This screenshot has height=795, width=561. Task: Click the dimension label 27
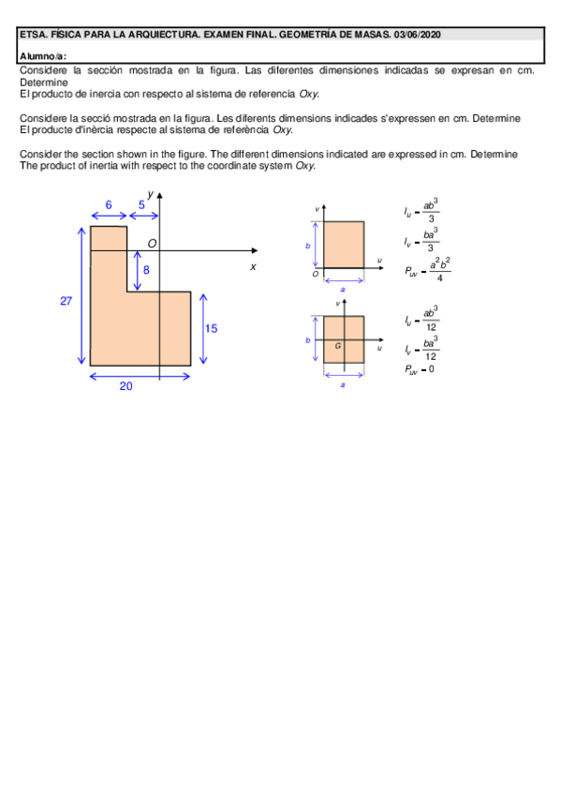click(x=66, y=301)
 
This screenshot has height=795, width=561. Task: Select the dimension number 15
click(x=211, y=328)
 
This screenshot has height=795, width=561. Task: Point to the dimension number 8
click(x=146, y=270)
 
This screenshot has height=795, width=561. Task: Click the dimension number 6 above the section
click(x=109, y=203)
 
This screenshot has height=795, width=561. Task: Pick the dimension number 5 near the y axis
click(x=141, y=203)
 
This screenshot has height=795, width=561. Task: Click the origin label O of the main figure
click(x=152, y=243)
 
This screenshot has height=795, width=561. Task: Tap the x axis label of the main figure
click(x=253, y=266)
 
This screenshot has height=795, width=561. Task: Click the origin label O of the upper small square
click(x=315, y=274)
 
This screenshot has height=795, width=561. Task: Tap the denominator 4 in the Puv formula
click(x=439, y=277)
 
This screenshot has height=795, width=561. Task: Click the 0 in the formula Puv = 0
click(x=430, y=368)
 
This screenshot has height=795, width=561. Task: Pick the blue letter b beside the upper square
click(x=307, y=246)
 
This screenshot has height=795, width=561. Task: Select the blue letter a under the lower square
click(x=343, y=384)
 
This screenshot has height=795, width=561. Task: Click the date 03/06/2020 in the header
click(x=418, y=35)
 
